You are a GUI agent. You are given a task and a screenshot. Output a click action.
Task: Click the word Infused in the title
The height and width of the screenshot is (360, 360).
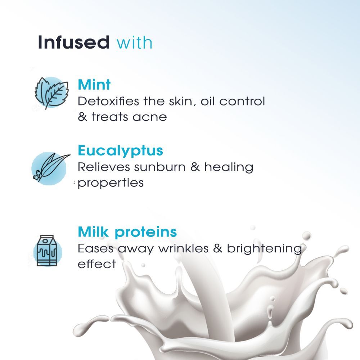pos(74,42)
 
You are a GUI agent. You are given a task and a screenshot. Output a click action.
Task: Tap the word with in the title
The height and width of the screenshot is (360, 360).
pos(135,42)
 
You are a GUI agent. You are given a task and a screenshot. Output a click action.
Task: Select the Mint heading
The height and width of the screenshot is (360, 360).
pos(94,85)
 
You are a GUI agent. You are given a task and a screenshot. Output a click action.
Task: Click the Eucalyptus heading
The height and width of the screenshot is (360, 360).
pos(120,151)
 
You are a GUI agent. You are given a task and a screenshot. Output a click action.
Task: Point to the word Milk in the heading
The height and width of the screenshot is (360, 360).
pos(93,231)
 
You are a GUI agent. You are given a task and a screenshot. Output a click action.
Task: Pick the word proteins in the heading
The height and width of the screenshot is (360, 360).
pos(146,233)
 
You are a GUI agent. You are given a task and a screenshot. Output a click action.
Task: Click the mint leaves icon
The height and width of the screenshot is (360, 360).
pos(51,93)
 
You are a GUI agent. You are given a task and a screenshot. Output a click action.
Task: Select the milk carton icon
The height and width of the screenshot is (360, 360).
pos(47,251)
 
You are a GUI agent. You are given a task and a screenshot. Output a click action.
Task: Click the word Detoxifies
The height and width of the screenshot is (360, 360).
pos(108,101)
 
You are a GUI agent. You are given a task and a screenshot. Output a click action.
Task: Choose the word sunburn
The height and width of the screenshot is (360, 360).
pos(160,167)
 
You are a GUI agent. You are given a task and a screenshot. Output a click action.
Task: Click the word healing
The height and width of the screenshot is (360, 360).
pos(229,167)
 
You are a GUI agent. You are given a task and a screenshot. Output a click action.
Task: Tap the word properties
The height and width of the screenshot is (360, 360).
pos(111,183)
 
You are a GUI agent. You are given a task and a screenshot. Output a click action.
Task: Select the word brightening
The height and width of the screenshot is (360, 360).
pos(264,249)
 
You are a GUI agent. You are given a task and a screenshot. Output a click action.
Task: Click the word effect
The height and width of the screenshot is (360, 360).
pos(97,264)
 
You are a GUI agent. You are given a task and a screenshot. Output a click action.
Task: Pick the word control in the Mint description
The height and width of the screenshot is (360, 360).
pos(242,101)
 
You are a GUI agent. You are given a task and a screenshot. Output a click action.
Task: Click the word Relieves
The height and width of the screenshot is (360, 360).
pos(104,167)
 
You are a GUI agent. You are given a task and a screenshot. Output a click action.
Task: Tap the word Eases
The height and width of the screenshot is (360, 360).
pos(95,248)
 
